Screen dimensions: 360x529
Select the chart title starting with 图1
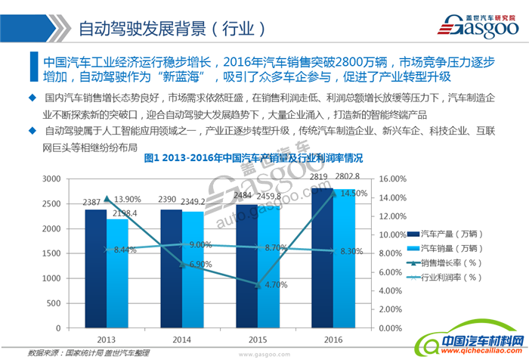(x=253, y=159)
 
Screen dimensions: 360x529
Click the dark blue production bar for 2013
(x=95, y=268)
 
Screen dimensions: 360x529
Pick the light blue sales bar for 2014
(x=193, y=269)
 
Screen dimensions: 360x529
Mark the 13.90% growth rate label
(x=124, y=199)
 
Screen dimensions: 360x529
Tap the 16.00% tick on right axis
(x=394, y=179)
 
